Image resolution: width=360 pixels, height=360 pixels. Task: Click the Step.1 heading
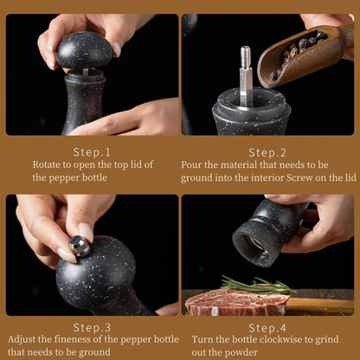coord(92,152)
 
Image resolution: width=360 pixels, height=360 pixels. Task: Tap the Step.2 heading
coord(267,152)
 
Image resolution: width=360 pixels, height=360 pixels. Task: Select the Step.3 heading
coord(92,327)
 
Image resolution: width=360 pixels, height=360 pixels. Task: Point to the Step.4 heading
coord(267,328)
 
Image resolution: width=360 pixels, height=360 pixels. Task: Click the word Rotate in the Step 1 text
coord(47,164)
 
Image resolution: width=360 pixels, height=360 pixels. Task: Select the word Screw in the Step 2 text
coord(299,177)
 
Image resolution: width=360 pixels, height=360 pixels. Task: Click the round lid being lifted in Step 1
coord(84,51)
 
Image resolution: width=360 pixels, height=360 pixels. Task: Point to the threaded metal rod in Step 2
coord(246,75)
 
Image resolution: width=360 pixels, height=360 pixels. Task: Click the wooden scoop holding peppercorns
coord(303,54)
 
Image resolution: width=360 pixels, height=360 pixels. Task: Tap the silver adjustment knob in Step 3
coord(80,246)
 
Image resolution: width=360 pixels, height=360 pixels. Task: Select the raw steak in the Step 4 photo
coord(237,301)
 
